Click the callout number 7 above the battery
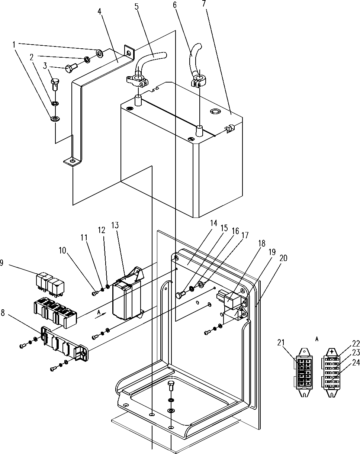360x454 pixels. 204,3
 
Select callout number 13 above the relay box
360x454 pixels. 115,225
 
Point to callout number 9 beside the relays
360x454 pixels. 1,263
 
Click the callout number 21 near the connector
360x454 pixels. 281,342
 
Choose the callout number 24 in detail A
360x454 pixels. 356,363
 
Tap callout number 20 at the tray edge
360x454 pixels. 283,258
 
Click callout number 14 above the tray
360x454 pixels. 213,223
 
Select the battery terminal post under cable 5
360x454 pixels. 138,101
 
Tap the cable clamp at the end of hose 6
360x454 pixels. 199,81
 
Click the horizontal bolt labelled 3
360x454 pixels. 71,68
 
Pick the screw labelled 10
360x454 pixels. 95,293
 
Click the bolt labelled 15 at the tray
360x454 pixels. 180,295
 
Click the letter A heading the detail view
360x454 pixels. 317,339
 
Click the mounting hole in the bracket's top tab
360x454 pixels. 129,51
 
